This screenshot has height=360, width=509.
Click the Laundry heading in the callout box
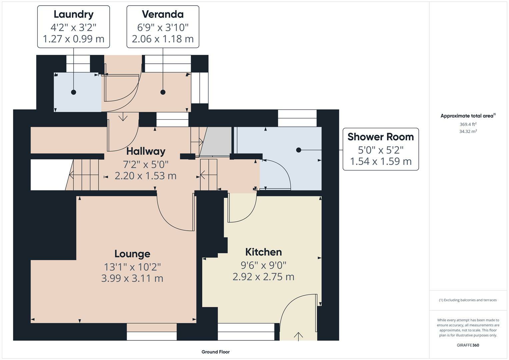pos(73,15)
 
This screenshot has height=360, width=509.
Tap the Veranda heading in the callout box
pos(163,14)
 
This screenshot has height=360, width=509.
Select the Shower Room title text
pos(381,137)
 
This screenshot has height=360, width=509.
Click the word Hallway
pos(146,152)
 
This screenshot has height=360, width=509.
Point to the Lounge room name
pos(132,254)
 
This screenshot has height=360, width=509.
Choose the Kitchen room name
pos(264,252)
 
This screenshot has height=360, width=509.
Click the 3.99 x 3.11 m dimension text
pos(132,278)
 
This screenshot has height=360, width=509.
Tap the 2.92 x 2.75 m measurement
pos(263,277)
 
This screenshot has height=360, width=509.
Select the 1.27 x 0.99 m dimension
pos(73,39)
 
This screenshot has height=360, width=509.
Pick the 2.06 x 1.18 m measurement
pos(163,39)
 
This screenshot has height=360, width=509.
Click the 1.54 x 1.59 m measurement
pos(381,161)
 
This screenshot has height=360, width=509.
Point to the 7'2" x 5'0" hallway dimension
pos(146,164)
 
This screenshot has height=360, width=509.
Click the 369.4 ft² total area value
pos(468,124)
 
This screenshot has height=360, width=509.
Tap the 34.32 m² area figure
pos(468,131)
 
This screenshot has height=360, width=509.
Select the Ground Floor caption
pos(216,352)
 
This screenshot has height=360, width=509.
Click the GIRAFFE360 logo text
pos(468,345)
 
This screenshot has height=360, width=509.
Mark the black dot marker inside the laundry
pos(73,92)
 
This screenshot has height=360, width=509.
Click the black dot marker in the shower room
pos(299,150)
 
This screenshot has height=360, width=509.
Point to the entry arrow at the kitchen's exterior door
pos(298,337)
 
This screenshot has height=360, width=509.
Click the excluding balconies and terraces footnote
pos(468,300)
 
